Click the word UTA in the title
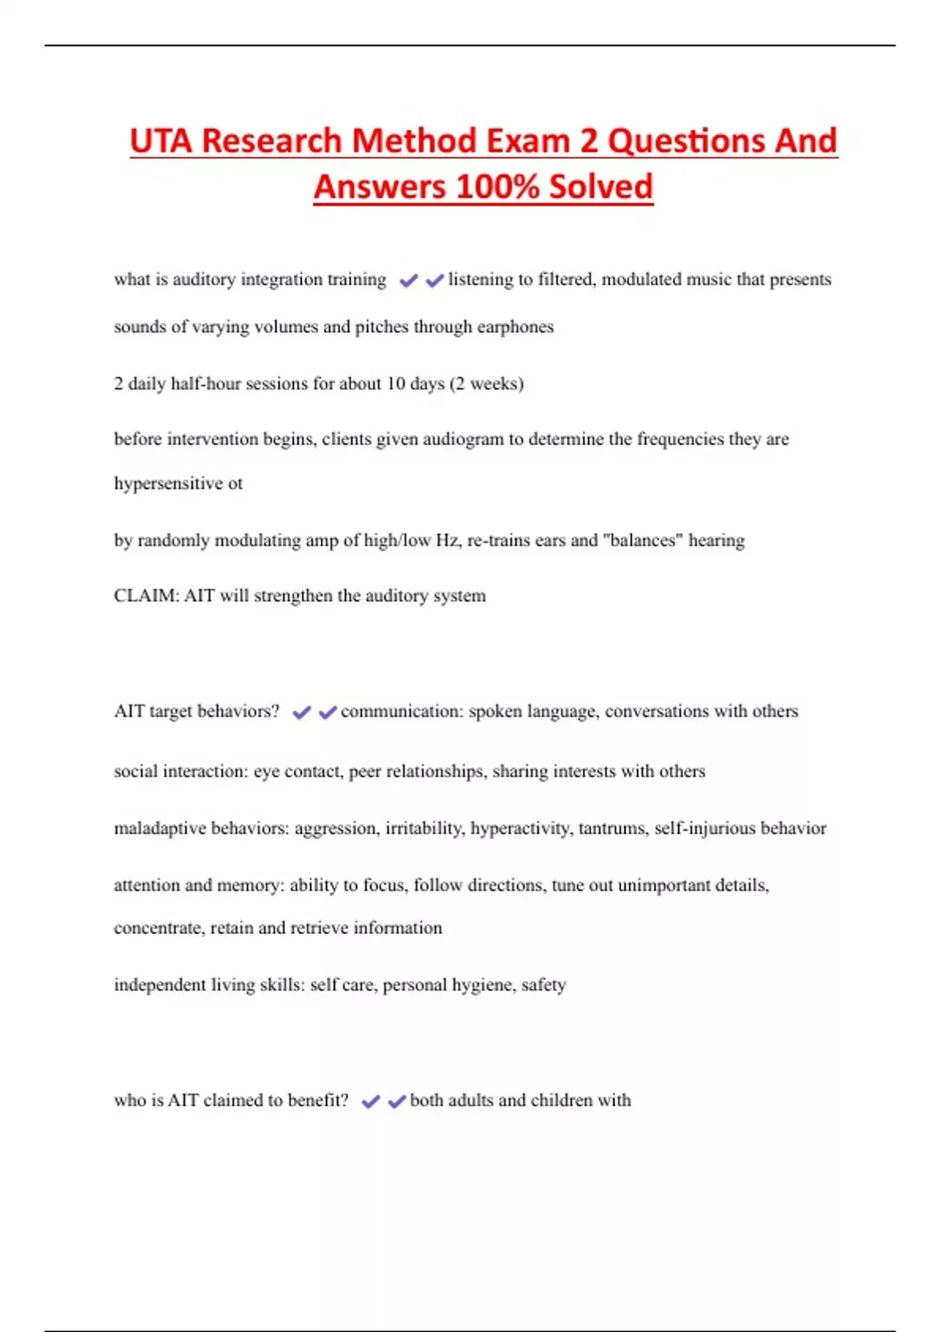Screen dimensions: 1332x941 161,142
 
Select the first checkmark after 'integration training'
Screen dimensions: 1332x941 408,281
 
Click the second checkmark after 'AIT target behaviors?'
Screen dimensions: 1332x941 328,712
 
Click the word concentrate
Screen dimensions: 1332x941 159,928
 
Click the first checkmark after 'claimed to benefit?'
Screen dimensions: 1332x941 370,1102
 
